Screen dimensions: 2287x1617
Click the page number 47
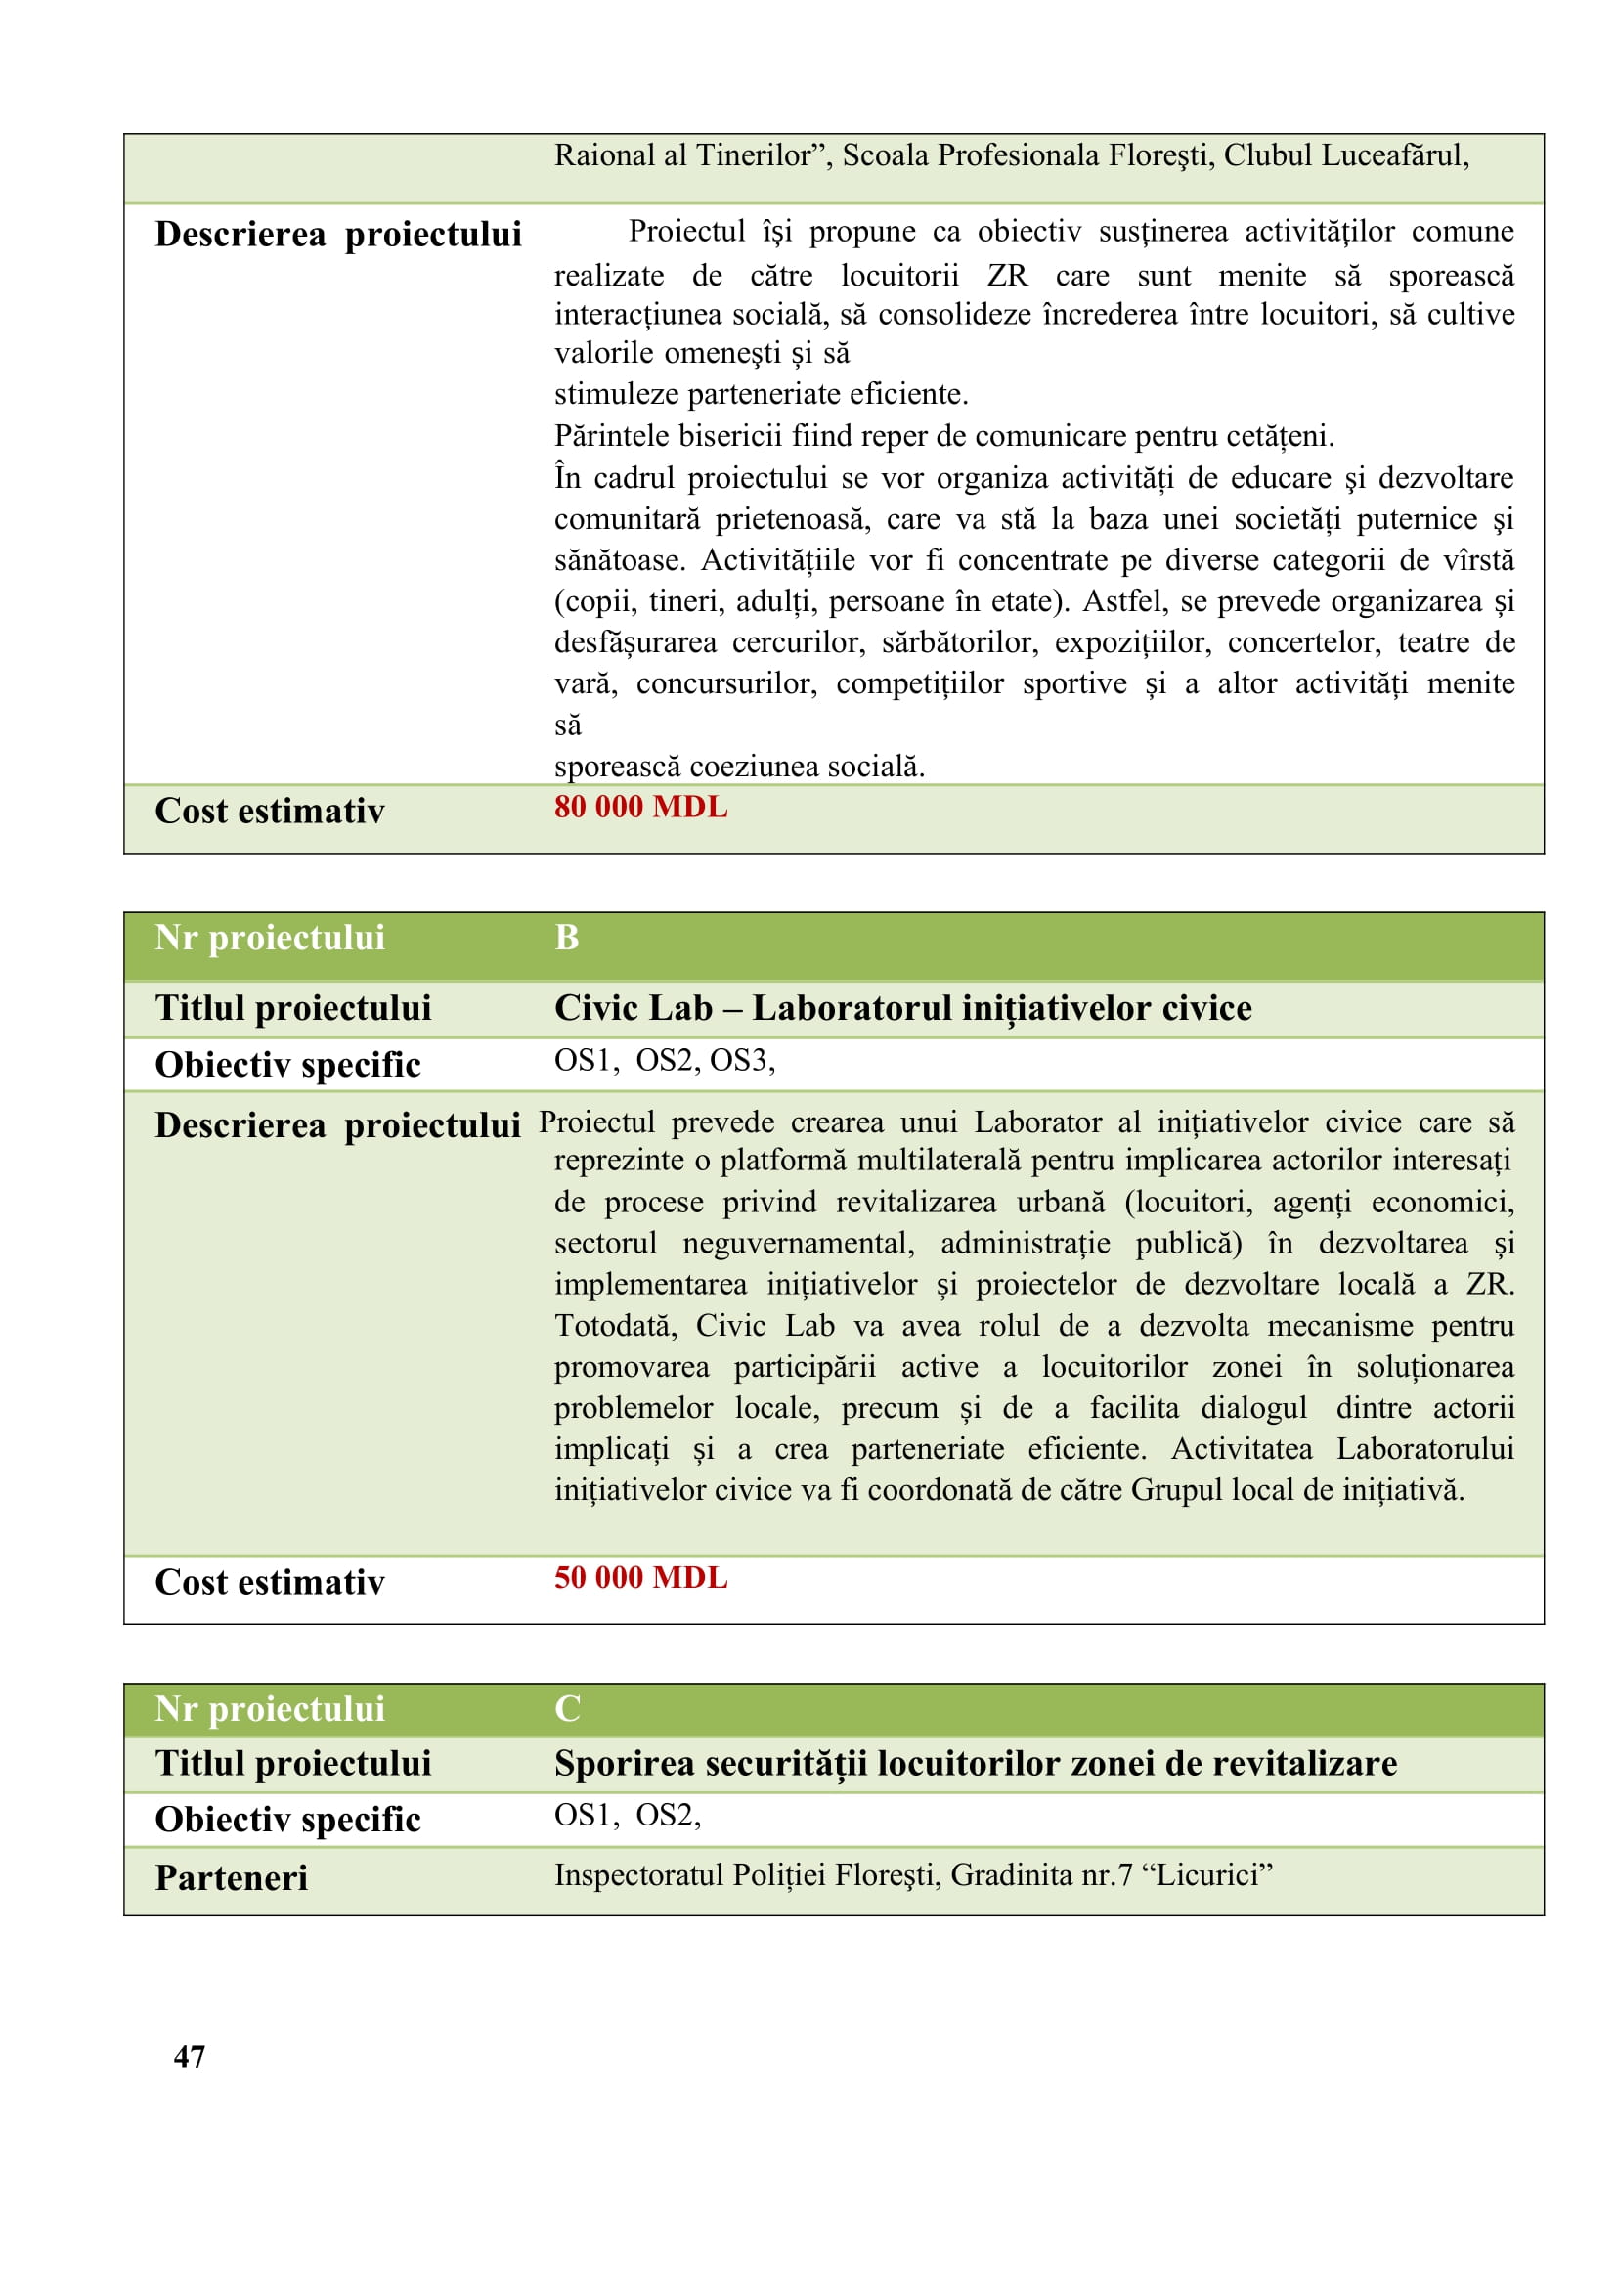tap(190, 2057)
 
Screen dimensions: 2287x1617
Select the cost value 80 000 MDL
tap(640, 807)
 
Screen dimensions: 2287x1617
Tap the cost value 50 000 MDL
tap(640, 1578)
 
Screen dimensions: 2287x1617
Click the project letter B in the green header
tap(567, 939)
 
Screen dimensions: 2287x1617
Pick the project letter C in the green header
tap(567, 1709)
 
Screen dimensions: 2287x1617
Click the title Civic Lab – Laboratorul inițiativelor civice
tap(902, 1008)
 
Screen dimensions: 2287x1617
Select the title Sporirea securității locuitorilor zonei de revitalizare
tap(975, 1764)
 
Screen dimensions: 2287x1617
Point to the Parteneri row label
tap(231, 1878)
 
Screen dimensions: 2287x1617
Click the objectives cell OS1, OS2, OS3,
tap(664, 1061)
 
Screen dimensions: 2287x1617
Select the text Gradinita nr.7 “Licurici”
tap(1112, 1875)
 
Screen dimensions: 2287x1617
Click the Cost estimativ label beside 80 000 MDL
tap(269, 812)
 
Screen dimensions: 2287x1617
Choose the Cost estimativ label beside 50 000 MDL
tap(269, 1583)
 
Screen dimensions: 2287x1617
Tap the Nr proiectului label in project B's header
tap(269, 939)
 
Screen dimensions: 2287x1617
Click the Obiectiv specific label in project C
tap(287, 1820)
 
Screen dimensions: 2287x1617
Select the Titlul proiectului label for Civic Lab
tap(292, 1008)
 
